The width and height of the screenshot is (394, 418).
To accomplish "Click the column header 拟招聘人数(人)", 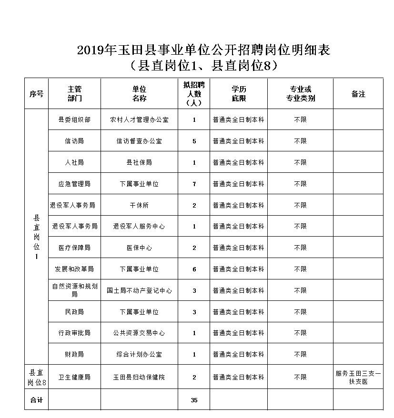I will pos(194,94).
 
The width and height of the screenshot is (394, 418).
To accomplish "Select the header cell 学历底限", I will pos(239,94).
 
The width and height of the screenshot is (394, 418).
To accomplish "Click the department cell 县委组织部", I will pos(74,119).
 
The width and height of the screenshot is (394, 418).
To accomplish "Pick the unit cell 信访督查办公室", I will pos(139,141).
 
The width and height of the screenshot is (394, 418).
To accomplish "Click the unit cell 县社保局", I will pos(139,162).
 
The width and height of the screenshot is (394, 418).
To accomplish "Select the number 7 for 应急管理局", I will pos(194,184).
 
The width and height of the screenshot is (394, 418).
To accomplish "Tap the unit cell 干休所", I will pos(139,205).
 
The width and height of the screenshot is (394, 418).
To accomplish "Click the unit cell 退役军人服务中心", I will pos(139,226).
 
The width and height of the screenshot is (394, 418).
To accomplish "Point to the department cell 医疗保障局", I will pos(74,248).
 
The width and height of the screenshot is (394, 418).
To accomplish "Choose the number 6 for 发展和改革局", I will pos(194,269).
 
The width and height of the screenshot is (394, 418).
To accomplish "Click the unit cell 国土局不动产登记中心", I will pos(139,290).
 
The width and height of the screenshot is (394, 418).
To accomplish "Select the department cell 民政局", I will pos(74,312).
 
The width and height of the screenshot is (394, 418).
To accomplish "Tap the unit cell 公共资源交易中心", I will pos(139,333).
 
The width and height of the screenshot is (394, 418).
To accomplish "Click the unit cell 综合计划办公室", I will pos(139,355).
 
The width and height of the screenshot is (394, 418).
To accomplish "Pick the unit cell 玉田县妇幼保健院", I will pos(139,377).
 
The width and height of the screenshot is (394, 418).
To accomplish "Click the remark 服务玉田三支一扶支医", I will pos(358,377).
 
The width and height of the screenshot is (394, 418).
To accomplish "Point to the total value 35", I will pos(194,400).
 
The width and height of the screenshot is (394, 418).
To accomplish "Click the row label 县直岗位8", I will pos(37,377).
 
